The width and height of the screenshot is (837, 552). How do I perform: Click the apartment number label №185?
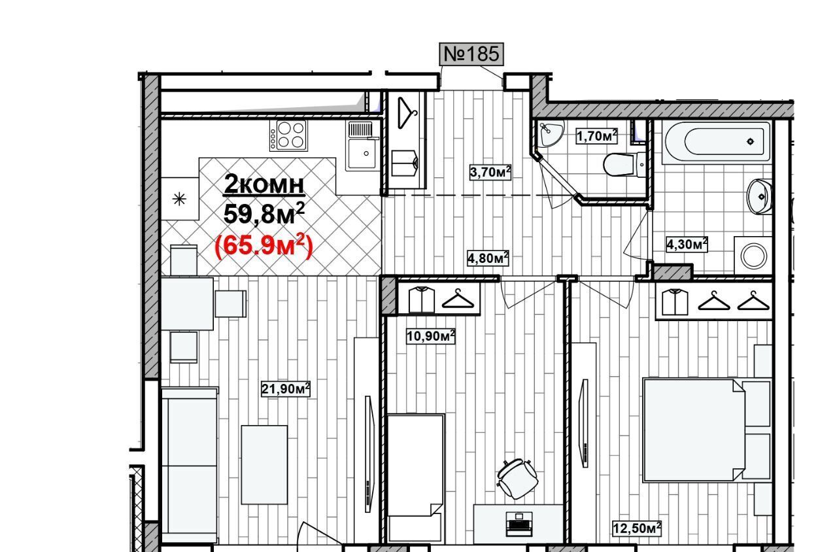click(471, 54)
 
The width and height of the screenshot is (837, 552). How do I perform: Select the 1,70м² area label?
click(596, 136)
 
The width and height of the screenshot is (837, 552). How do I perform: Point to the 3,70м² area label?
click(490, 172)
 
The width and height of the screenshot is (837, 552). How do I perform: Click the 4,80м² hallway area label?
click(488, 258)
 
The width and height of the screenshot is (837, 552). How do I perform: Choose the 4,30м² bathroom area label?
click(687, 244)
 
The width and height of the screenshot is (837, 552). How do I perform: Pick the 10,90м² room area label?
click(430, 336)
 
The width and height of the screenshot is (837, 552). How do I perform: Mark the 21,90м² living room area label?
click(286, 388)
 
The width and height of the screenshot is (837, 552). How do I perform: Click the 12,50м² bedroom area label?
click(637, 528)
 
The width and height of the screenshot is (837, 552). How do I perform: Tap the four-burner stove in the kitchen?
click(288, 135)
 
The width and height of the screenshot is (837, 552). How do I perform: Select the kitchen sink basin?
click(362, 153)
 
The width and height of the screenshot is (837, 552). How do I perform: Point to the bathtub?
click(717, 142)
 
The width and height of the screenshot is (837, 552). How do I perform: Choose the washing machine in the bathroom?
click(753, 255)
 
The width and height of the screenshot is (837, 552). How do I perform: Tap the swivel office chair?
click(517, 478)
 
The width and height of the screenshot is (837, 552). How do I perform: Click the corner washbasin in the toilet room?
click(550, 134)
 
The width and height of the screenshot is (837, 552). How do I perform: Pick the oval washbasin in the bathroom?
click(759, 197)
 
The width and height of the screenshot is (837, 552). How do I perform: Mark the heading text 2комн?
click(264, 185)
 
